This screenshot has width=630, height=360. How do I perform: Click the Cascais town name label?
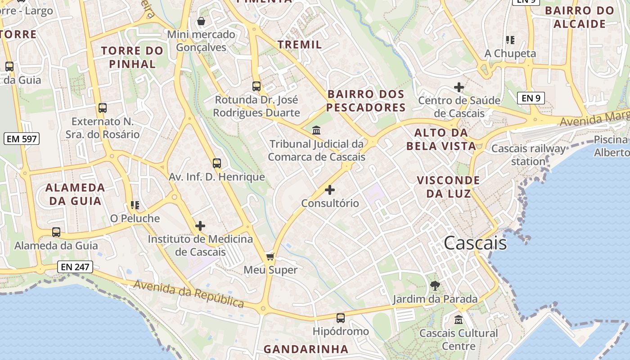coord(475,243)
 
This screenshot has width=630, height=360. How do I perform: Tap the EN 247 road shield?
coord(75,267)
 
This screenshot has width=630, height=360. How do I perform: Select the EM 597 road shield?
coord(22,139)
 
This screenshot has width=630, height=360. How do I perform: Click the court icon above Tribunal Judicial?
coord(316,130)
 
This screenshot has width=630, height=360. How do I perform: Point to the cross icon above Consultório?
coord(330,190)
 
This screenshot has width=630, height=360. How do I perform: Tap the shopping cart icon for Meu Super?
coord(270,256)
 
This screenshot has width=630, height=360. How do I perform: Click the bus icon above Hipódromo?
coord(341,318)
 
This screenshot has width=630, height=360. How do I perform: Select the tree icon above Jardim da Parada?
coord(435,285)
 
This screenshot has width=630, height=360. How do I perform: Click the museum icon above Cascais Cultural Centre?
coord(459,319)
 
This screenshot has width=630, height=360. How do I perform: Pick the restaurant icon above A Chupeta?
coord(510,40)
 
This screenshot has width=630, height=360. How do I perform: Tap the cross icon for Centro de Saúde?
coord(459,87)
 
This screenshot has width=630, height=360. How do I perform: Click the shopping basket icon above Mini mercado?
coord(201,21)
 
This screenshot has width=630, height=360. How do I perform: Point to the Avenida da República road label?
coord(189,293)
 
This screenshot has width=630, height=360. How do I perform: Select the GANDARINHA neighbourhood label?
coord(306,349)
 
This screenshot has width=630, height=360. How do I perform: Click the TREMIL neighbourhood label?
coord(300,45)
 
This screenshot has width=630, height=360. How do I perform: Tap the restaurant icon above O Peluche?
coord(135,205)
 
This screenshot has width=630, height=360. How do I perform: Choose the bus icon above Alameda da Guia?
coord(56,232)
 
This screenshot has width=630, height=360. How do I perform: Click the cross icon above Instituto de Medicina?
coord(200,226)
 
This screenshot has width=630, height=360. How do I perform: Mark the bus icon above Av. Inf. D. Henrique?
coord(217,163)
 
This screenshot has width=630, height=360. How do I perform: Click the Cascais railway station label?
coord(528,155)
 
